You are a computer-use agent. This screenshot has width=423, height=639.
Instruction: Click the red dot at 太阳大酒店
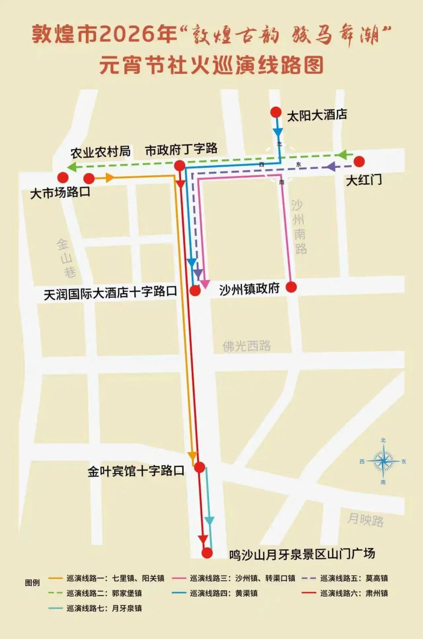[x=276, y=112]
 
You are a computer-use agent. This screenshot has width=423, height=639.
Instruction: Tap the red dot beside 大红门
[x=359, y=162]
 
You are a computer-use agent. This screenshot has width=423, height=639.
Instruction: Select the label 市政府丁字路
[x=181, y=150]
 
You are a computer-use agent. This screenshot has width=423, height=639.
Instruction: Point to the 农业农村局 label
[x=100, y=152]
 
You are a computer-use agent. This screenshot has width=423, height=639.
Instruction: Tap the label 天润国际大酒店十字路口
[x=110, y=292]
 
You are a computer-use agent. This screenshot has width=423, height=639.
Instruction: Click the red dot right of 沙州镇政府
[x=291, y=288]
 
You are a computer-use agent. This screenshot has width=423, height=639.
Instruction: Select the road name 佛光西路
[x=247, y=346]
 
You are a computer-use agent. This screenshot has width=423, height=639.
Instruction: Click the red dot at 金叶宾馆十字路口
[x=200, y=467]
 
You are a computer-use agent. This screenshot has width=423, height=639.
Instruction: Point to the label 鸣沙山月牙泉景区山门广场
[x=302, y=554]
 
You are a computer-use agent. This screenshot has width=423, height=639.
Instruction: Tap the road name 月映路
[x=365, y=520]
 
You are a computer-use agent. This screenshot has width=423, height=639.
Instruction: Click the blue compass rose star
[x=383, y=461]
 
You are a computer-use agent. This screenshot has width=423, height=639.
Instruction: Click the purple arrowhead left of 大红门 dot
[x=330, y=167]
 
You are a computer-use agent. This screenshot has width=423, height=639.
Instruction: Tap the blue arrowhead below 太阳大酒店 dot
[x=278, y=132]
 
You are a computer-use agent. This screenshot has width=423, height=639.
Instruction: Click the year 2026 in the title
[x=128, y=34]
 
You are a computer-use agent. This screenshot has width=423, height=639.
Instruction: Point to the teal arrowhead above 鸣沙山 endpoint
[x=209, y=521]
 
